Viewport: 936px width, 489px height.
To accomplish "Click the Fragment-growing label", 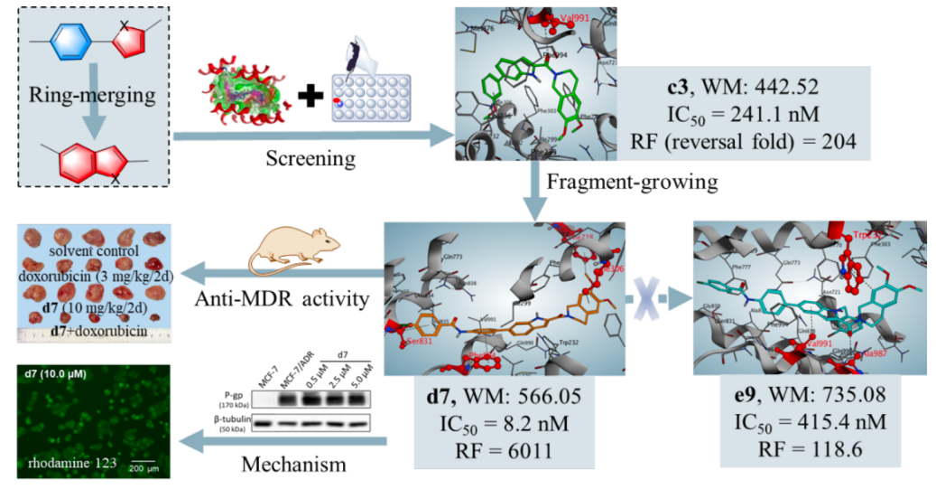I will (x=631, y=183).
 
